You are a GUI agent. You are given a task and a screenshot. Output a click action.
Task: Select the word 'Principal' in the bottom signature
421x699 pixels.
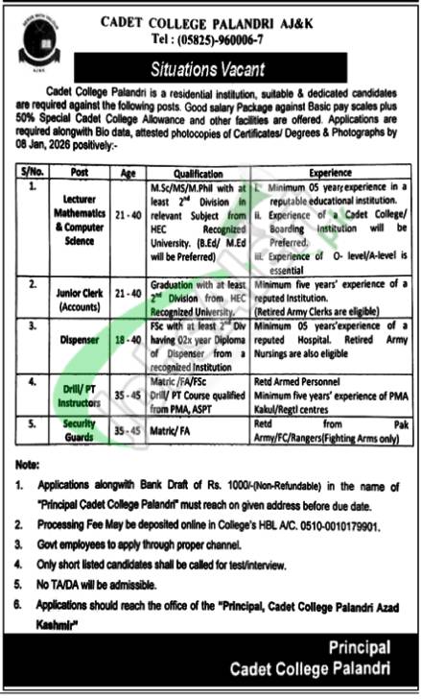pyautogui.click(x=359, y=647)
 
